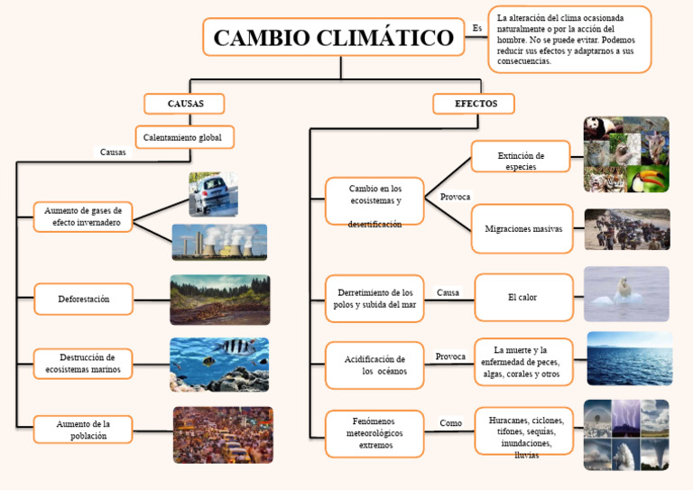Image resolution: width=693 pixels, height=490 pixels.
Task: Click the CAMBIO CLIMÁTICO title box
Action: pos(334,38)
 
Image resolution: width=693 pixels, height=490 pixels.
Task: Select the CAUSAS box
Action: pos(185,104)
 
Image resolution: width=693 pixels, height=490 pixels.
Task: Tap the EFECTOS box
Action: pos(474,104)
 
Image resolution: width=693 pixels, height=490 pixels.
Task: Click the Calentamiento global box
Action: pos(185,137)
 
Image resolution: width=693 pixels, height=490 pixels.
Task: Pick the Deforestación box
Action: pos(84,299)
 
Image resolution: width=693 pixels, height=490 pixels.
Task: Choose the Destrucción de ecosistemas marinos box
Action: pos(84,364)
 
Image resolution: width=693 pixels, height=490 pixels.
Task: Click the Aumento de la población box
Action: pos(84,430)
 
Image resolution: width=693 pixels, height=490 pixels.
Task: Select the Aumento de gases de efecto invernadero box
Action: pos(84,216)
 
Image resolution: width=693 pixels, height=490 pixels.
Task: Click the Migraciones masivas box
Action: pos(522,229)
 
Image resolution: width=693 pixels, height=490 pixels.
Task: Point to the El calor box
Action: pos(523,297)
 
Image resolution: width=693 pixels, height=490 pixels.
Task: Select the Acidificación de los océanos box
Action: pos(374,365)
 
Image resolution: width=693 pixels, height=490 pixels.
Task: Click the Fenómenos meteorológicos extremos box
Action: pos(374,433)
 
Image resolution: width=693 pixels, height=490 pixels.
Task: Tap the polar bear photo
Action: pos(626,294)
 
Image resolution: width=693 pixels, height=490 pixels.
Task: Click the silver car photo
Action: pos(213,194)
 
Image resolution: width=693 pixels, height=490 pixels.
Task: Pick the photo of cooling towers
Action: pos(219,242)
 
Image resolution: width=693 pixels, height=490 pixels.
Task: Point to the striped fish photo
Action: pos(219,365)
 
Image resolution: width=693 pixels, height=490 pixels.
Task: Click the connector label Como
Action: pos(450,423)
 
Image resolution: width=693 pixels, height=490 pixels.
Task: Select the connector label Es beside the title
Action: pos(477,28)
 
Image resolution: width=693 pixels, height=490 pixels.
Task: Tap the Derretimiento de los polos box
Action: pos(374,299)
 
